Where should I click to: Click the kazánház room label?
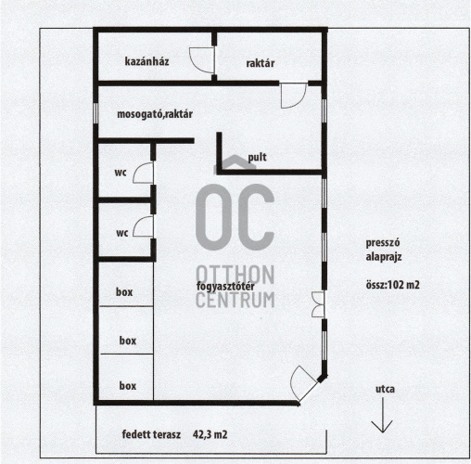146,61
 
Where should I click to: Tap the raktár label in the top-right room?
261,63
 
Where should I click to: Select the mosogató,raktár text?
155,114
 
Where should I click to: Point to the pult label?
257,157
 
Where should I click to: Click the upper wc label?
121,173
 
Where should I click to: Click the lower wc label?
122,233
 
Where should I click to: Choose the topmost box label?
124,291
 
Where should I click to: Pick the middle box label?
128,341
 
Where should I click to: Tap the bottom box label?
128,386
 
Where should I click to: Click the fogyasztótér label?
225,286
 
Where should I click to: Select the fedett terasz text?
151,434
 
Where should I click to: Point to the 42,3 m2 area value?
210,434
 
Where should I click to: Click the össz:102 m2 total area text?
393,285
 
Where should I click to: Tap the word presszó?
383,243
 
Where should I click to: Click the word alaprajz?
384,257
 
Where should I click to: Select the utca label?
385,389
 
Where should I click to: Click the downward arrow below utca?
383,415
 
